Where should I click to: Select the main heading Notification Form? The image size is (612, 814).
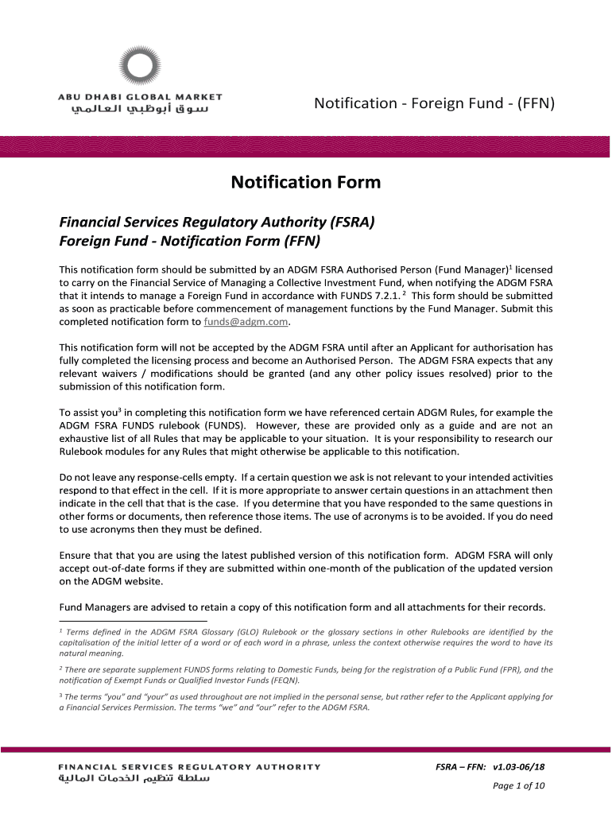[x=306, y=183]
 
